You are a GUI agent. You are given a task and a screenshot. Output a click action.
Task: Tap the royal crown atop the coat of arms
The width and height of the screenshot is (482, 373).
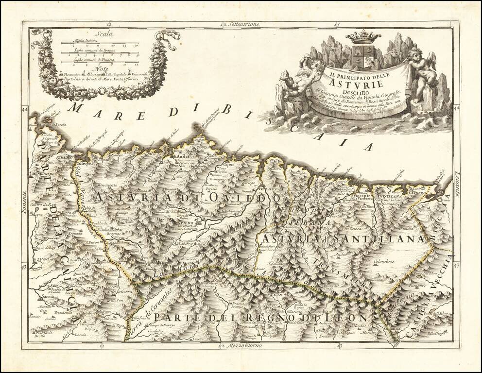(x=363, y=37)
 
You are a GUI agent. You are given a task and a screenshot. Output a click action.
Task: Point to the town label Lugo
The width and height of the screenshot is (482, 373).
(x=42, y=260)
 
